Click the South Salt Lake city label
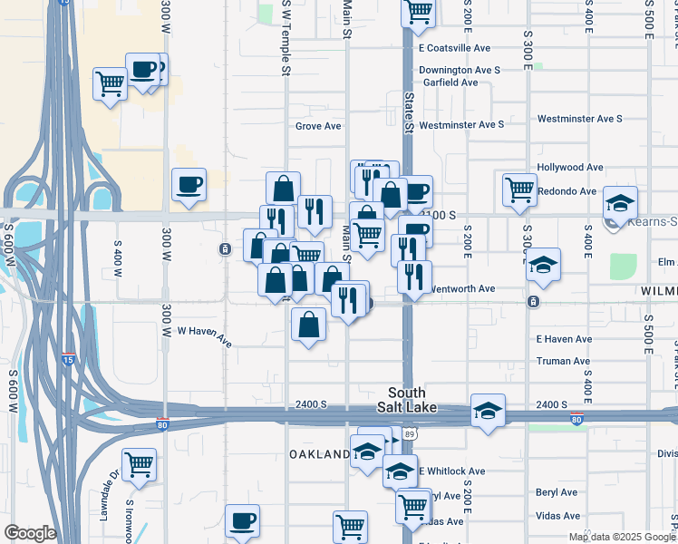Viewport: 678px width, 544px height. (413, 400)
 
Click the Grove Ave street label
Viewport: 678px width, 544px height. (318, 126)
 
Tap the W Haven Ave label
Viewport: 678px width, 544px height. (205, 336)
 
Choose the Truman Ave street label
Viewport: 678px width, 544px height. (563, 361)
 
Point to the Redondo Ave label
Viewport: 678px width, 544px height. (567, 191)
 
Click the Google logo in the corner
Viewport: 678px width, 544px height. (30, 532)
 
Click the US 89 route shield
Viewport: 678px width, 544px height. (411, 435)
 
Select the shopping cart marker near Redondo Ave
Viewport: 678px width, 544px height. (519, 189)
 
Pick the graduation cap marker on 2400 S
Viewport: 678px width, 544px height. (488, 410)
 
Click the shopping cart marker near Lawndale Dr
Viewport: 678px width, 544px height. (140, 464)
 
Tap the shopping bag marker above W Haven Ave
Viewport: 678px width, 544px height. (309, 324)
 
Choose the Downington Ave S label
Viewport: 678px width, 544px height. (460, 70)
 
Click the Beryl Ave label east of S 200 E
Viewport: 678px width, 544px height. (557, 492)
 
